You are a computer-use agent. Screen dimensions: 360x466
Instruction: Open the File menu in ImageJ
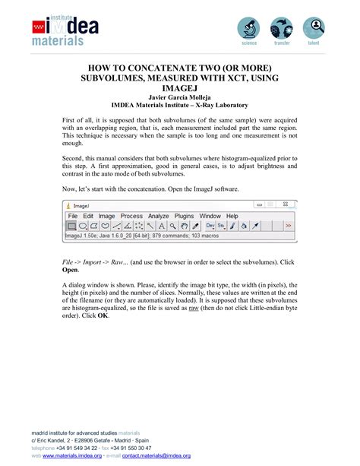coord(73,216)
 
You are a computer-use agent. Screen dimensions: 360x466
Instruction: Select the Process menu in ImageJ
coord(132,216)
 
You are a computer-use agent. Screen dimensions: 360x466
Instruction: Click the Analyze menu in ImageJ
coord(159,216)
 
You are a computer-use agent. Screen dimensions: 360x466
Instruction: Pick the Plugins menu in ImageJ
coord(185,216)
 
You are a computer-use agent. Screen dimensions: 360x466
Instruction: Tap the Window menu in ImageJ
coord(210,216)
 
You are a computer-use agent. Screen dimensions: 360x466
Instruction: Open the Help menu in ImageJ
coord(232,216)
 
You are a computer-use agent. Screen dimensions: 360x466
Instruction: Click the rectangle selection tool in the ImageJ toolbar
coord(71,226)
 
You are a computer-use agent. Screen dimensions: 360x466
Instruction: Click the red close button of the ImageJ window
coord(285,204)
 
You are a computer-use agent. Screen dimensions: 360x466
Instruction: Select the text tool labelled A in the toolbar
coord(162,226)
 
